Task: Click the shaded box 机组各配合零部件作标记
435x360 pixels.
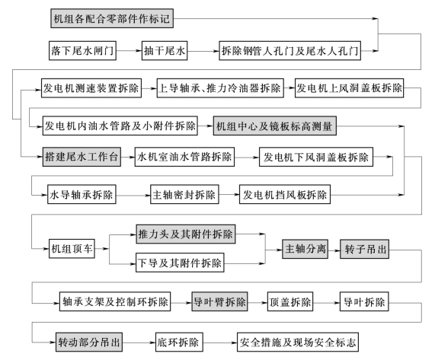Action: pyautogui.click(x=112, y=18)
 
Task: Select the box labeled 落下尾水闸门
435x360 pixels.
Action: pyautogui.click(x=82, y=50)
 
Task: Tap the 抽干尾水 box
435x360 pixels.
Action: pyautogui.click(x=165, y=50)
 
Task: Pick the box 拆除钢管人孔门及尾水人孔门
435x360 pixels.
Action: pyautogui.click(x=290, y=50)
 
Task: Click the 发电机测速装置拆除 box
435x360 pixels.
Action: pyautogui.click(x=91, y=88)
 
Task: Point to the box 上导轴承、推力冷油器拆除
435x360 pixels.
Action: pyautogui.click(x=220, y=88)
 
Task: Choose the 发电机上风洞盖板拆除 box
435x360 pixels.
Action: pyautogui.click(x=349, y=88)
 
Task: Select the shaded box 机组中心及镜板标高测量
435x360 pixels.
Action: pyautogui.click(x=275, y=126)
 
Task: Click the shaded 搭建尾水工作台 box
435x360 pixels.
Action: pyautogui.click(x=82, y=157)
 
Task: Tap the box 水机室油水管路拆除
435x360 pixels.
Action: pyautogui.click(x=184, y=157)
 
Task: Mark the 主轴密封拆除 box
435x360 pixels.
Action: pyautogui.click(x=184, y=195)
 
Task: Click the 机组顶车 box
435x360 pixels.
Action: pyautogui.click(x=72, y=249)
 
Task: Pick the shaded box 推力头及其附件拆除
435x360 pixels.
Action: pyautogui.click(x=186, y=234)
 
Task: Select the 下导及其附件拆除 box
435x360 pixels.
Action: pyautogui.click(x=180, y=263)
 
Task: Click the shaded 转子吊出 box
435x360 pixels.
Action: pyautogui.click(x=365, y=249)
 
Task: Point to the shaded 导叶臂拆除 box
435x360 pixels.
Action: pyautogui.click(x=219, y=301)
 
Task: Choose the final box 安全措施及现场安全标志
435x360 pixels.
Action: pyautogui.click(x=298, y=342)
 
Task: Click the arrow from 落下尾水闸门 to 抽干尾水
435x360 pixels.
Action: pyautogui.click(x=129, y=51)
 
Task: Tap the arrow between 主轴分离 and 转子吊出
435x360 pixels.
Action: pyautogui.click(x=334, y=250)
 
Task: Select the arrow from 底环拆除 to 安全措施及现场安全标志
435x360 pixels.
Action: pyautogui.click(x=220, y=342)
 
